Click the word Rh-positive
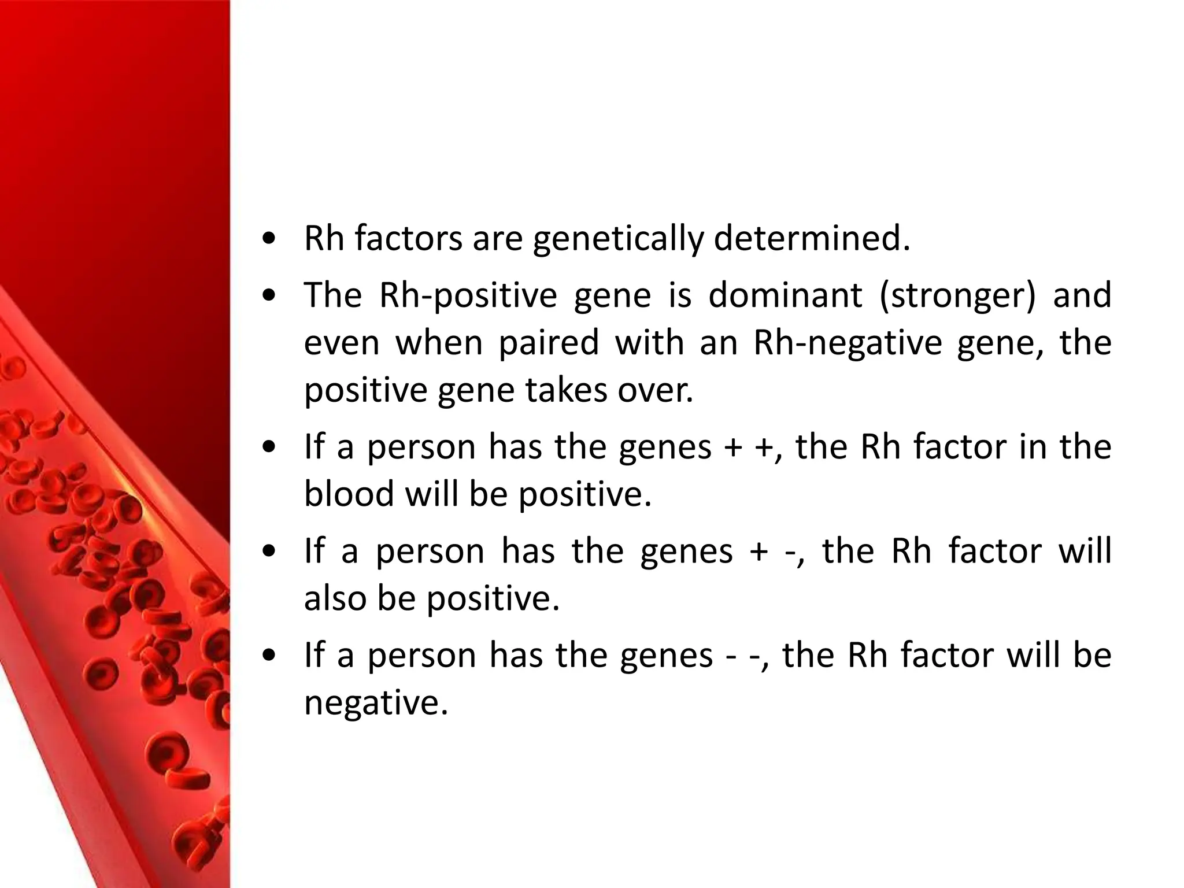pos(468,296)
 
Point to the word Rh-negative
pos(848,343)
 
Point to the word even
pos(342,343)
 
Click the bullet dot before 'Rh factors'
pos(268,240)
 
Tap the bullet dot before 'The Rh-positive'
pos(268,297)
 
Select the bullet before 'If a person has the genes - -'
pos(268,656)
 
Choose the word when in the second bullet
pos(439,343)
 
